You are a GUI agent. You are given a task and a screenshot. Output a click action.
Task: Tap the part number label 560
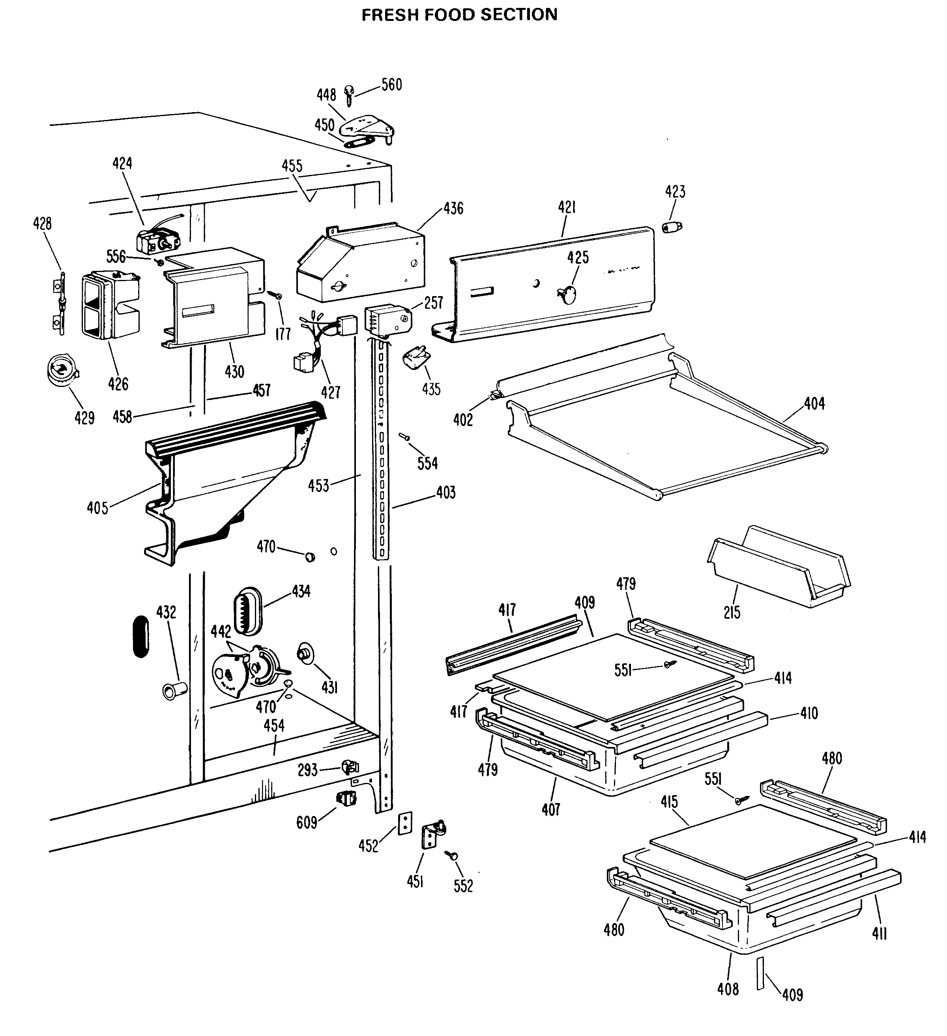pyautogui.click(x=391, y=85)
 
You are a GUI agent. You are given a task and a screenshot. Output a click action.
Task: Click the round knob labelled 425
pyautogui.click(x=567, y=295)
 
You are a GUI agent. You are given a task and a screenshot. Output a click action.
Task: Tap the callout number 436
pyautogui.click(x=453, y=208)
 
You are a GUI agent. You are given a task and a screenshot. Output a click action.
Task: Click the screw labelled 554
pyautogui.click(x=404, y=436)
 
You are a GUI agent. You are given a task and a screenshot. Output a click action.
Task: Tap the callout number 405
pyautogui.click(x=97, y=508)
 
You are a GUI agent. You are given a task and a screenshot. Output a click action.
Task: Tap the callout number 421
pyautogui.click(x=567, y=207)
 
